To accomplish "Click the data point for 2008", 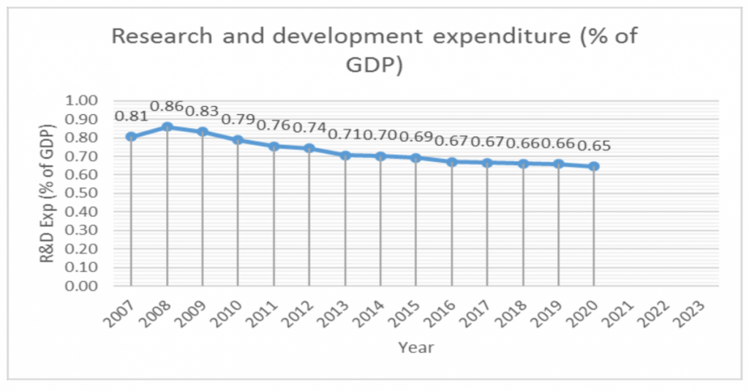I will tap(167, 127).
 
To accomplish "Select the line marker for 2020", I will tap(594, 166).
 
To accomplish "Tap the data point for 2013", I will tap(345, 154).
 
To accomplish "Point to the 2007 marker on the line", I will tap(131, 136).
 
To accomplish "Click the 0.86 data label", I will tap(167, 106).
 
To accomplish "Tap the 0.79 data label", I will tap(237, 119).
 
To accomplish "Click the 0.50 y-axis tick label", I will tap(83, 193).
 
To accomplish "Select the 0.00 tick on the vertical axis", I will tap(83, 286).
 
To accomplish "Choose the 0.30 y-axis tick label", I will tap(83, 231).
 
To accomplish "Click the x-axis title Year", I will tap(415, 347).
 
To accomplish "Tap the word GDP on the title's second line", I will tap(374, 67).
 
